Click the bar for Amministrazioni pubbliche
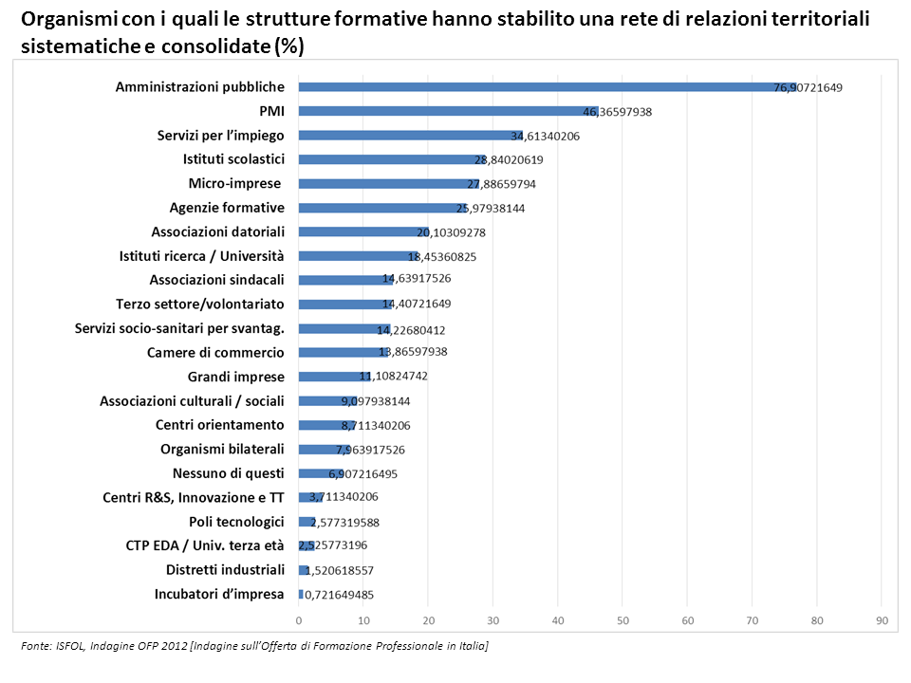click(x=541, y=87)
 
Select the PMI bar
click(x=446, y=111)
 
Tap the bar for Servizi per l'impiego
click(x=408, y=136)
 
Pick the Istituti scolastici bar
click(x=389, y=159)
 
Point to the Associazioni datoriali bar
click(x=361, y=231)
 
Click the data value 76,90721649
click(x=808, y=87)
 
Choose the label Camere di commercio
click(x=215, y=352)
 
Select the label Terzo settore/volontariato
click(x=199, y=304)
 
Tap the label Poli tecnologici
click(x=236, y=522)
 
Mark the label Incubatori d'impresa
click(x=219, y=594)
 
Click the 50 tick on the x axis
click(x=623, y=620)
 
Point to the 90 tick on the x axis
click(x=882, y=620)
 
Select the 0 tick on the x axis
click(x=299, y=620)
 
